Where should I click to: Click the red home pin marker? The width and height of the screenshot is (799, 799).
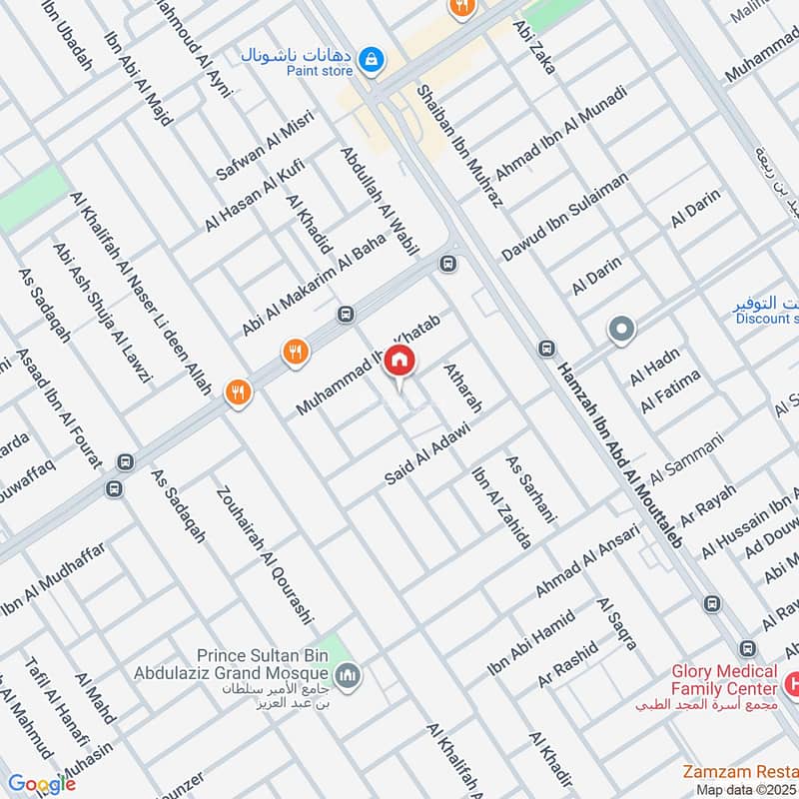(399, 362)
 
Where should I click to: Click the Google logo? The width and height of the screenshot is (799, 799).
(41, 784)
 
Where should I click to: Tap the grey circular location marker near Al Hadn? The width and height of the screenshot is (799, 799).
(621, 329)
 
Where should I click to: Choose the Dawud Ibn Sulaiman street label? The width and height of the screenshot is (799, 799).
(564, 217)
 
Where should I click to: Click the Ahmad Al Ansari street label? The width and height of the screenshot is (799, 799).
(586, 558)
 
